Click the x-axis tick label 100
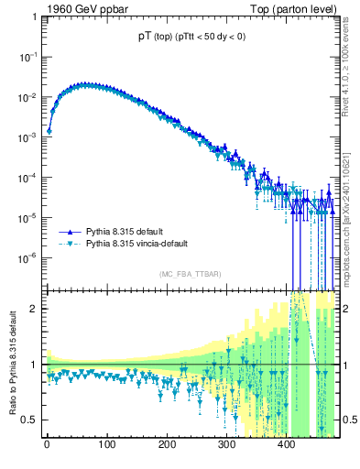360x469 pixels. coord(106,446)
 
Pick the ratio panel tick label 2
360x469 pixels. coord(33,309)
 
